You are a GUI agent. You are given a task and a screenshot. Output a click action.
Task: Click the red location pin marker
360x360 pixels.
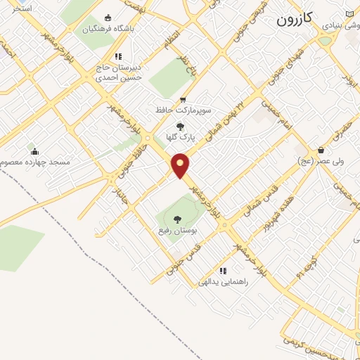pyautogui.click(x=181, y=165)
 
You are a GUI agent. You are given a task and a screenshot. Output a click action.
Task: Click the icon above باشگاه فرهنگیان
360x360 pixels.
pyautogui.click(x=108, y=18)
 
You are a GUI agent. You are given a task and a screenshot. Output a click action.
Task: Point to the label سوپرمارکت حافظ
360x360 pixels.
pyautogui.click(x=183, y=110)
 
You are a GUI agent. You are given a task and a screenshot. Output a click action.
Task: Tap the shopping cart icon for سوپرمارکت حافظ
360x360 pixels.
pyautogui.click(x=183, y=100)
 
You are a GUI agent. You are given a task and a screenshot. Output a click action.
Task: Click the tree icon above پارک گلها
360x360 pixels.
pyautogui.click(x=180, y=126)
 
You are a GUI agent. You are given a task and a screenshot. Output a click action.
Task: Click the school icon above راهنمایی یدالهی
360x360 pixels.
pyautogui.click(x=223, y=271)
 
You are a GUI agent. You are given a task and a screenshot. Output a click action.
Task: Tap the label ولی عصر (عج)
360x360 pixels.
pyautogui.click(x=321, y=161)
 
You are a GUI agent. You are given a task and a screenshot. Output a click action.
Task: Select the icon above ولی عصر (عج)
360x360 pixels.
pyautogui.click(x=321, y=150)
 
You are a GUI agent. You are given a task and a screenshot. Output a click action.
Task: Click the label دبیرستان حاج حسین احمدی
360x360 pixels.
pyautogui.click(x=119, y=72)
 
